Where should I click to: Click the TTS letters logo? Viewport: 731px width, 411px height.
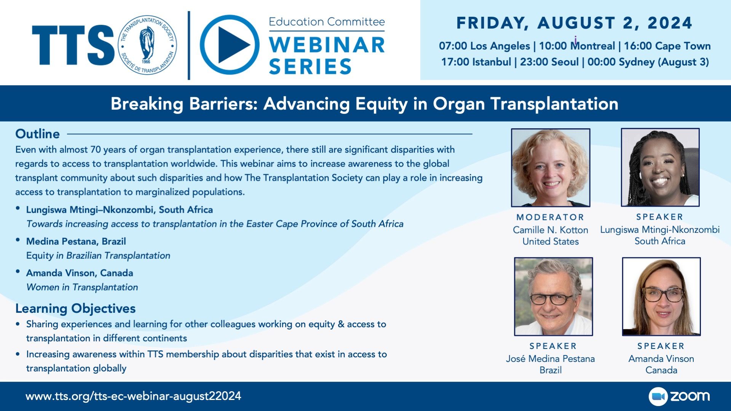(x=73, y=45)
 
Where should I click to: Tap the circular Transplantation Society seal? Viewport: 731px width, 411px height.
(x=147, y=45)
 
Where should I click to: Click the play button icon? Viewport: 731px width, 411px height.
(x=229, y=45)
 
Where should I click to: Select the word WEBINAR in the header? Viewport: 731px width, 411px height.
(x=327, y=45)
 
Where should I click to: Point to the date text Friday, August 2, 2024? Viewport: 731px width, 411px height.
(x=574, y=23)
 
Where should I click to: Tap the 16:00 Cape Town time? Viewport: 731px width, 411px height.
(x=667, y=46)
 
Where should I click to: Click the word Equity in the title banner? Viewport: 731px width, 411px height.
(x=381, y=104)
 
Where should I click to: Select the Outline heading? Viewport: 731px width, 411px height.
(x=37, y=134)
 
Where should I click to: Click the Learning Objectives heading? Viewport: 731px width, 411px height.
(x=75, y=308)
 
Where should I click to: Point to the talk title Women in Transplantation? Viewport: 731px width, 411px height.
(x=82, y=287)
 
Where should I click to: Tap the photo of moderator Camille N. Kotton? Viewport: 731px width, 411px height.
(x=551, y=167)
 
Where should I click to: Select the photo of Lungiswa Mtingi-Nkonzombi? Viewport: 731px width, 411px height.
(x=660, y=167)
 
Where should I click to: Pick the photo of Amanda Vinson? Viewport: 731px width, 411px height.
(x=661, y=296)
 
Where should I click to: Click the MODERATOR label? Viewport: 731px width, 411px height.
(x=550, y=217)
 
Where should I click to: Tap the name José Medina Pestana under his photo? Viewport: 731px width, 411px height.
(x=551, y=358)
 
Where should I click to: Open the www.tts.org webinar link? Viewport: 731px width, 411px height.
(x=133, y=396)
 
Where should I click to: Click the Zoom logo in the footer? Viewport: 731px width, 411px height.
(x=679, y=397)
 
